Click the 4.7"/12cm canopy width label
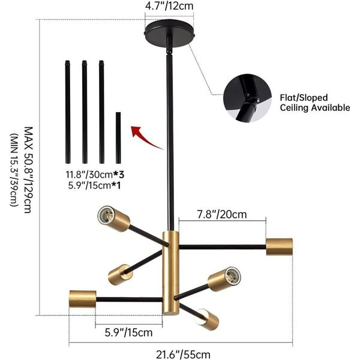[169, 6]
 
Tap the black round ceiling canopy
[170, 32]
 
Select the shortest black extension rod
[118, 138]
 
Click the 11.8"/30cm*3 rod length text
[95, 175]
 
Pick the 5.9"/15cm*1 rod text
[94, 185]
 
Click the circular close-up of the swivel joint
[247, 98]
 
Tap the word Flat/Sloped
[304, 98]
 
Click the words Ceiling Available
[315, 107]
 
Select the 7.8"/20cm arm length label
[222, 215]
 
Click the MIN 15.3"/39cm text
[14, 170]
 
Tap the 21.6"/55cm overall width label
[183, 354]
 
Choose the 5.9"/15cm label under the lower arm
[128, 332]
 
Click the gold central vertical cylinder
[170, 273]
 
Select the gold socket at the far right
[280, 247]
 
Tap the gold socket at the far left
[83, 299]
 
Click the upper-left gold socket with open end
[113, 218]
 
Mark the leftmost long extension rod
[67, 112]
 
